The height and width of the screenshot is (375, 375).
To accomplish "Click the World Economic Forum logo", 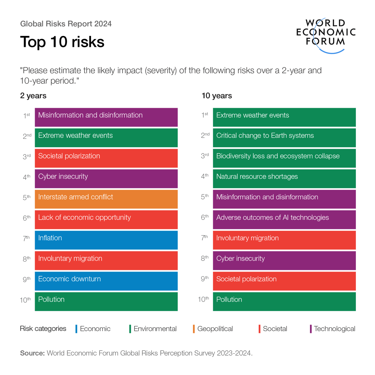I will pyautogui.click(x=326, y=34).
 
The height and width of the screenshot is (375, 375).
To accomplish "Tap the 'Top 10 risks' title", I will pyautogui.click(x=62, y=42).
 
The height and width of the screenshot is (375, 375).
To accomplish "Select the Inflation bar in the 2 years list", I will pyautogui.click(x=106, y=240).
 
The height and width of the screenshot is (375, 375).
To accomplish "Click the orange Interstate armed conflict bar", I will pyautogui.click(x=106, y=199).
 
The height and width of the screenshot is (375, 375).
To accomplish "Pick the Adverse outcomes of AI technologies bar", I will pyautogui.click(x=284, y=219).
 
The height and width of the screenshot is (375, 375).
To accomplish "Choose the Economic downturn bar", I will pyautogui.click(x=106, y=281).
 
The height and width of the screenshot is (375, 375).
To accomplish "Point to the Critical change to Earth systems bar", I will pyautogui.click(x=284, y=137).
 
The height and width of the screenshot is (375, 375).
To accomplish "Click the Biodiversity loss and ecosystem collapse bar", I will pyautogui.click(x=284, y=158).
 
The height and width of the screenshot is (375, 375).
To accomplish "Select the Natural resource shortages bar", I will pyautogui.click(x=284, y=178).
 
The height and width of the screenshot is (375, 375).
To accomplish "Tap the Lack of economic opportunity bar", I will pyautogui.click(x=106, y=219).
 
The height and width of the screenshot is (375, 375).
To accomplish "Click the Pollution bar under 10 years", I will pyautogui.click(x=284, y=301).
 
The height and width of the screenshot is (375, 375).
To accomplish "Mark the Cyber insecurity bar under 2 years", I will pyautogui.click(x=106, y=178).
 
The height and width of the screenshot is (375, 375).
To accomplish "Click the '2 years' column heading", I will pyautogui.click(x=33, y=96).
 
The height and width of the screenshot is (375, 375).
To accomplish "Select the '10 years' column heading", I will pyautogui.click(x=217, y=96).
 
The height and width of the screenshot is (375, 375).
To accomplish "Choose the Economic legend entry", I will pyautogui.click(x=95, y=329).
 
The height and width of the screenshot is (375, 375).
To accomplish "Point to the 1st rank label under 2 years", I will pyautogui.click(x=27, y=116).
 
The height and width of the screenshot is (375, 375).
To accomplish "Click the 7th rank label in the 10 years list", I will pyautogui.click(x=205, y=238).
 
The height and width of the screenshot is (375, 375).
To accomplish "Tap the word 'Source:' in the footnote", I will pyautogui.click(x=33, y=353).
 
